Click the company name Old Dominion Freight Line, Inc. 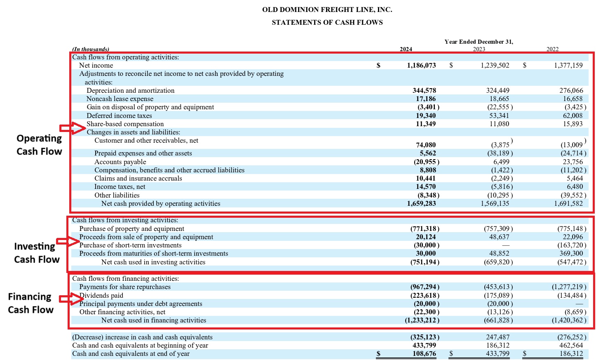[327, 9]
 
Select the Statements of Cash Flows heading [327, 22]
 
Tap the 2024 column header [406, 49]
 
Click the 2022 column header [552, 49]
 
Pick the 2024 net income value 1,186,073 [421, 65]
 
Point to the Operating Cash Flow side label [39, 145]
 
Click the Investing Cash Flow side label [37, 253]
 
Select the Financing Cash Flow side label [31, 303]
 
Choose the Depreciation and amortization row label [130, 90]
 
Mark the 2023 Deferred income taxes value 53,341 [499, 115]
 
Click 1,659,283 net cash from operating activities [421, 203]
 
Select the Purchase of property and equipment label [131, 228]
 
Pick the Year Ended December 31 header [479, 42]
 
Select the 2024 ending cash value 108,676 [424, 353]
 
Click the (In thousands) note [91, 49]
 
